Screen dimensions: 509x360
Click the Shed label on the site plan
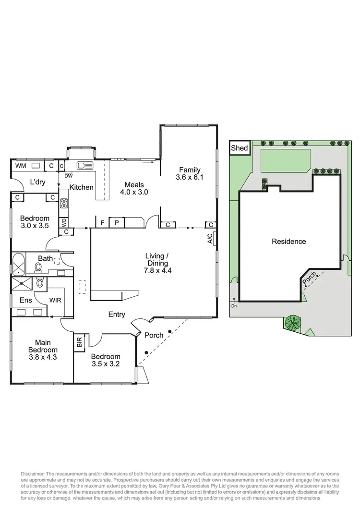click(239, 148)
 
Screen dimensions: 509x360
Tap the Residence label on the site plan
click(288, 242)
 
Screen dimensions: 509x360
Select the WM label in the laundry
click(21, 166)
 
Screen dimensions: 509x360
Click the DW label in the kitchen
click(69, 176)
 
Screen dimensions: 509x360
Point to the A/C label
click(210, 239)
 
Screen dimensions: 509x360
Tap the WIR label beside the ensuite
click(56, 300)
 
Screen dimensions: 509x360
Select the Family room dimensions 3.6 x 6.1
click(190, 177)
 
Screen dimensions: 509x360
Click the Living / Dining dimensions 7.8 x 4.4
click(157, 270)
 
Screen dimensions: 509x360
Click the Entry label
click(117, 315)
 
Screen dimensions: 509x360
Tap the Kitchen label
click(82, 187)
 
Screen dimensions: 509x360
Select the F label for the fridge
click(102, 222)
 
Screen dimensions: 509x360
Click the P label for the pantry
click(117, 222)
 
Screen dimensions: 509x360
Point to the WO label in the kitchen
click(64, 223)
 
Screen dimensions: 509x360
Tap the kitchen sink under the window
click(85, 165)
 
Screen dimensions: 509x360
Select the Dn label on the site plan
click(234, 306)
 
